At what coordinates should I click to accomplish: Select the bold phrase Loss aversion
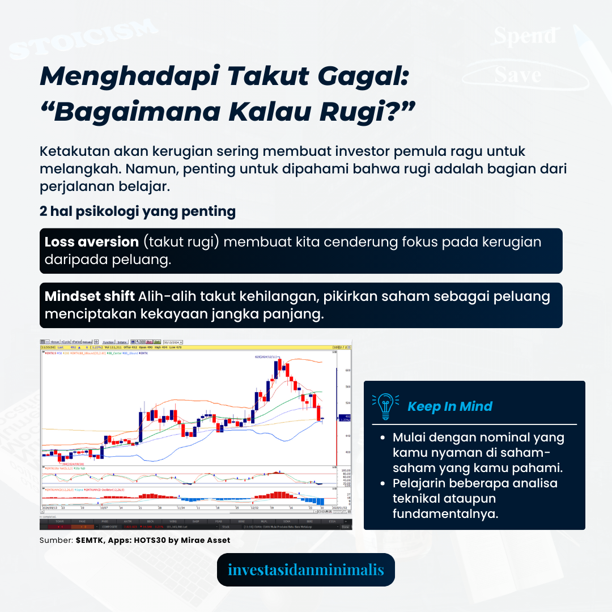pos(92,242)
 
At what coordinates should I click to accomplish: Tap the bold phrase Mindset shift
pos(90,296)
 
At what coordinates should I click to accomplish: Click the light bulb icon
pos(385,406)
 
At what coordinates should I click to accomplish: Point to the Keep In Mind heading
pos(450,406)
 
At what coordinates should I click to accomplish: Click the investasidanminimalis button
pos(305,569)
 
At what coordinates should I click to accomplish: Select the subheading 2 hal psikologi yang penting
pos(138,211)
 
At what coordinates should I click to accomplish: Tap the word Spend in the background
pos(524,36)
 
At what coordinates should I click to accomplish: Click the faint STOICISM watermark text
pos(82,40)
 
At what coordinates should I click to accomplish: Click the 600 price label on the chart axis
pos(347,370)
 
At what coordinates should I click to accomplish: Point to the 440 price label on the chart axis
pos(347,435)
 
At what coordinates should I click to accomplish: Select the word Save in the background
pos(517,75)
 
